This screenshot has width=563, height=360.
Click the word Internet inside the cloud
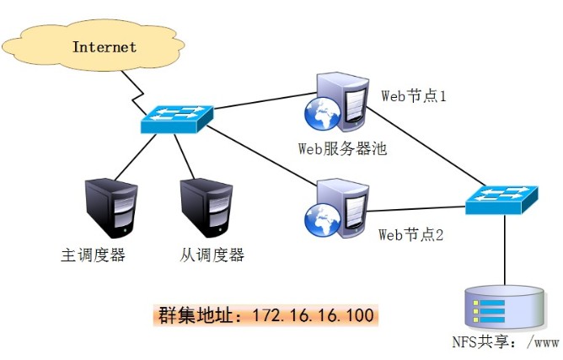104,47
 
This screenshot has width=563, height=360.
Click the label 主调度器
93,255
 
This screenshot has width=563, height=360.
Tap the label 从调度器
211,255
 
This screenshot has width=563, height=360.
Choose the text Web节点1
413,96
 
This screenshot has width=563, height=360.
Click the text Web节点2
410,234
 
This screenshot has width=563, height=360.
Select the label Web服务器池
342,148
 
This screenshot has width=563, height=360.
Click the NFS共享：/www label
505,342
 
